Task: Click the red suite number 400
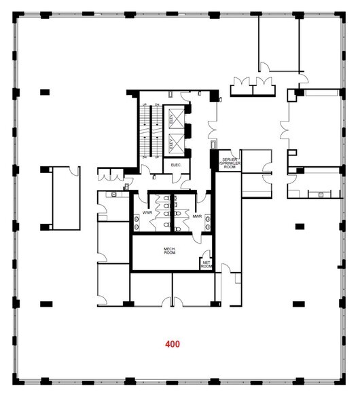173,344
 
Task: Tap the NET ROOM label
206,264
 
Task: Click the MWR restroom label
197,216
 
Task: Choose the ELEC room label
175,164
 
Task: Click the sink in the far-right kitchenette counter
319,194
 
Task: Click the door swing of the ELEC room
175,178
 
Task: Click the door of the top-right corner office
265,66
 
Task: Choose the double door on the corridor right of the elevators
213,126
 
